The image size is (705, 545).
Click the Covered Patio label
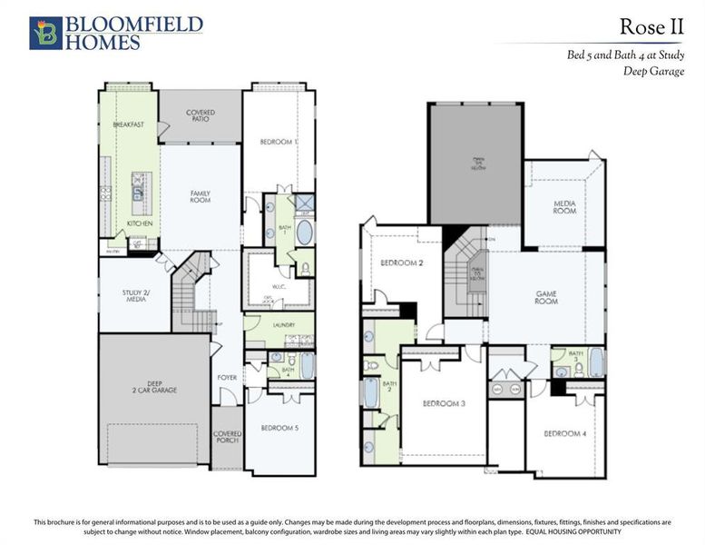click(x=201, y=115)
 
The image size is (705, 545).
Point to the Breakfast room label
click(x=129, y=124)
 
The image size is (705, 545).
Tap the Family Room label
click(x=201, y=195)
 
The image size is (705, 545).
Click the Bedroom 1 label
click(x=279, y=142)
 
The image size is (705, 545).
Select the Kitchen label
click(x=140, y=223)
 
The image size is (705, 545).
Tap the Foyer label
click(x=227, y=377)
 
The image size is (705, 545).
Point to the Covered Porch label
click(x=227, y=437)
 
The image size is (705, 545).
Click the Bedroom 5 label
click(x=279, y=427)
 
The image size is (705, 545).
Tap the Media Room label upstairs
click(x=565, y=207)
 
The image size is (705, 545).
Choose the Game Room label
click(x=546, y=298)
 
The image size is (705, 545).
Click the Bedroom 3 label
click(x=444, y=403)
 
